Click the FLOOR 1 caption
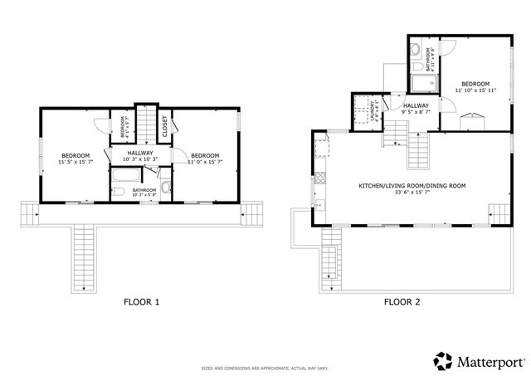point(141,302)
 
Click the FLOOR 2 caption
point(402,302)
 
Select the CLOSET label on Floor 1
point(165,125)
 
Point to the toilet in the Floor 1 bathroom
point(166,188)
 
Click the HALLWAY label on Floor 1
point(140,153)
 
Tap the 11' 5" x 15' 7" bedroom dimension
point(76,162)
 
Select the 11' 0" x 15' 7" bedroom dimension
point(204,162)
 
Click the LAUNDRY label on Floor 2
point(354,112)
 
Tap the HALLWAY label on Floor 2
point(415,105)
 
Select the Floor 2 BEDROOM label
point(475,84)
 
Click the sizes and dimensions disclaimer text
point(265,368)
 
